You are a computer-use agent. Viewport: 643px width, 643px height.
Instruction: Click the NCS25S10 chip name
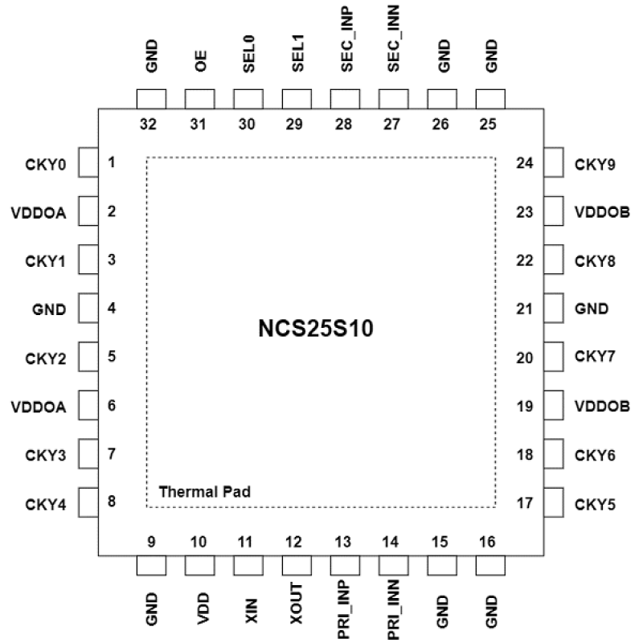(x=321, y=330)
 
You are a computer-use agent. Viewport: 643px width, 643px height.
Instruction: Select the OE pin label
(x=200, y=61)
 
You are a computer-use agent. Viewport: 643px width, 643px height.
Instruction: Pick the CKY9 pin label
(x=596, y=166)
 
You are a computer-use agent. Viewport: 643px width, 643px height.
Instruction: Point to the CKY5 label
(x=596, y=506)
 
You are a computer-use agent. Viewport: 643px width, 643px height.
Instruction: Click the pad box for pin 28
(x=346, y=100)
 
